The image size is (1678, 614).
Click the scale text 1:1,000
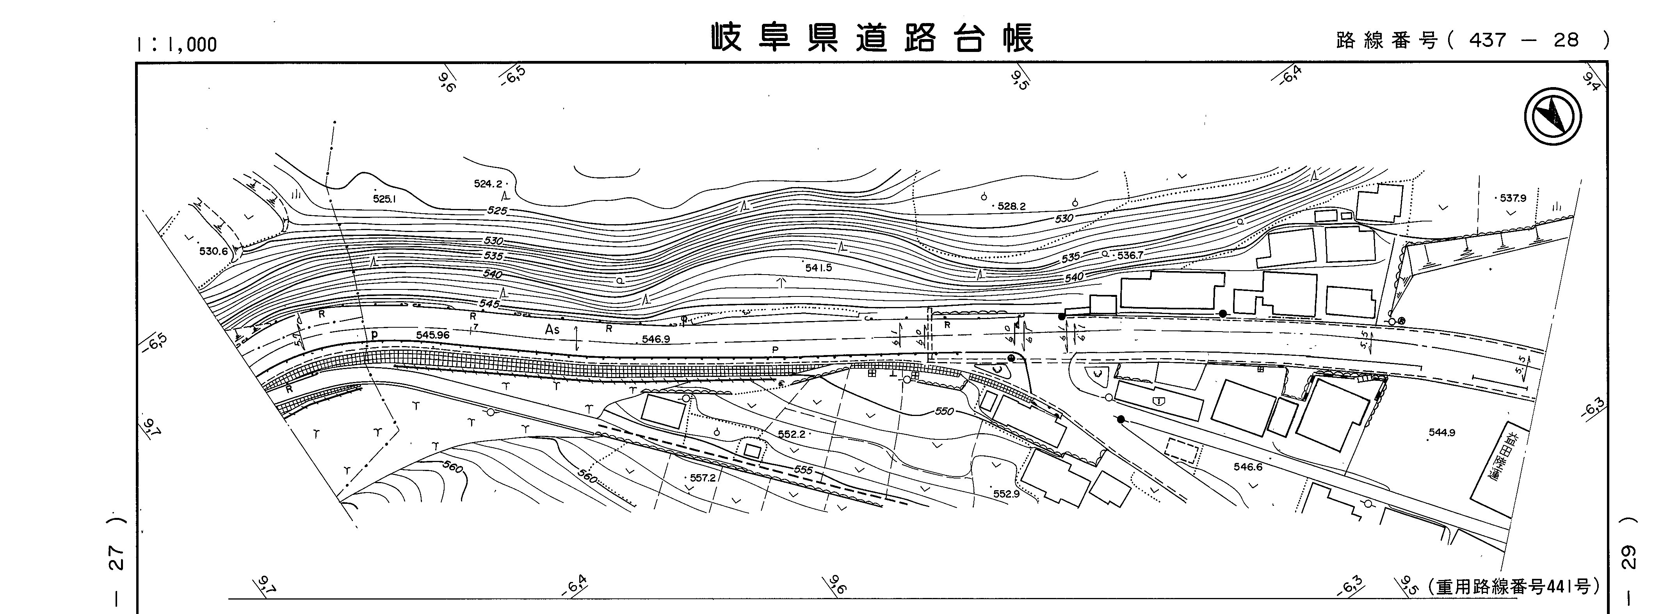click(x=176, y=44)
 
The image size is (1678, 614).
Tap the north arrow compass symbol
click(x=1553, y=117)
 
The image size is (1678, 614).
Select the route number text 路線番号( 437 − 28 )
click(x=1473, y=40)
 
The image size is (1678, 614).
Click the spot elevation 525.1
click(x=384, y=198)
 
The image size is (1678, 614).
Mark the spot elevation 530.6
click(x=213, y=251)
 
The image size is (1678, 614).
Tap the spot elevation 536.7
click(x=1130, y=255)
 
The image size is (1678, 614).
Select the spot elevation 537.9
click(x=1513, y=198)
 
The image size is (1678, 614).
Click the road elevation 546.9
click(x=656, y=339)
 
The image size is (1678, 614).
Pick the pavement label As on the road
click(x=552, y=330)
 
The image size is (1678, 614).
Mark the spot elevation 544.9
click(x=1441, y=432)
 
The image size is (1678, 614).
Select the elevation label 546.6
click(x=1247, y=467)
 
